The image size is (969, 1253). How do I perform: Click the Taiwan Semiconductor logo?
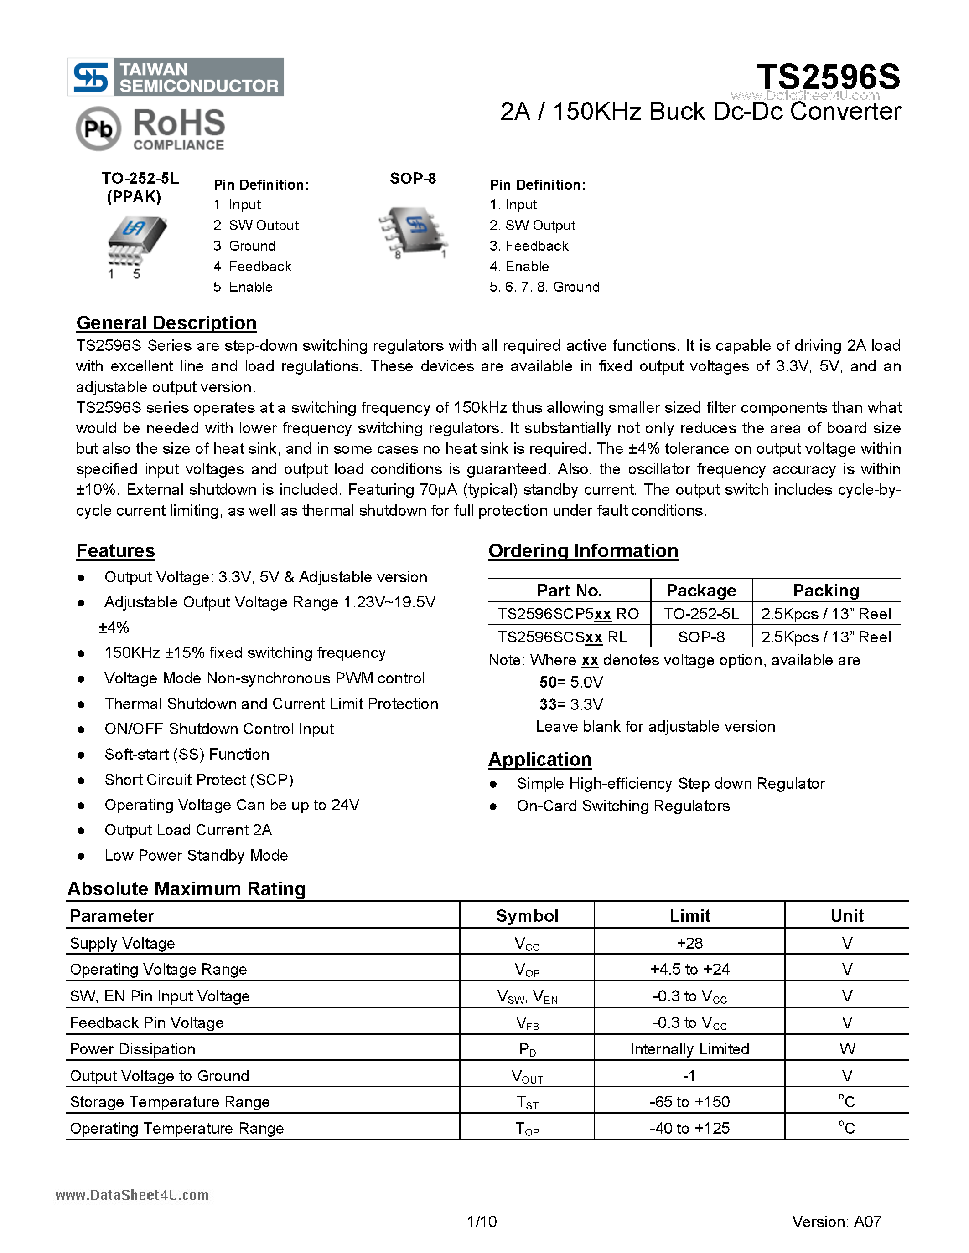tap(175, 77)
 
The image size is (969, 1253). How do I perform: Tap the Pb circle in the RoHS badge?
tap(98, 128)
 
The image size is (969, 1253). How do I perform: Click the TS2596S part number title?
tap(828, 77)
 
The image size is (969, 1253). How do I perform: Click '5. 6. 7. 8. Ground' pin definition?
tap(544, 287)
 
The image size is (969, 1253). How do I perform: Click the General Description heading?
tap(166, 323)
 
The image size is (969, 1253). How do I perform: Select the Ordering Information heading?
tap(583, 551)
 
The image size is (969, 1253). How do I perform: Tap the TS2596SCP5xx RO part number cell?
tap(568, 614)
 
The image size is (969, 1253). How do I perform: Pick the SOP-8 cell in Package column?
tap(701, 637)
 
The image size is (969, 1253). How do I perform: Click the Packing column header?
tap(825, 591)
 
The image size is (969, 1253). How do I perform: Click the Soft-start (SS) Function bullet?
tap(187, 755)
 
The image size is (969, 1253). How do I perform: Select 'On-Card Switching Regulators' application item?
tap(623, 806)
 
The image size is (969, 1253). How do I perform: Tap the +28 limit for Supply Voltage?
tap(689, 943)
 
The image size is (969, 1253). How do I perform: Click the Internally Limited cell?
tap(689, 1049)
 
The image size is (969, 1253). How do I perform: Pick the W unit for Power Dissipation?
tap(847, 1049)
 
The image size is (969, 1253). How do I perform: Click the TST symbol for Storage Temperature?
tap(527, 1102)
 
